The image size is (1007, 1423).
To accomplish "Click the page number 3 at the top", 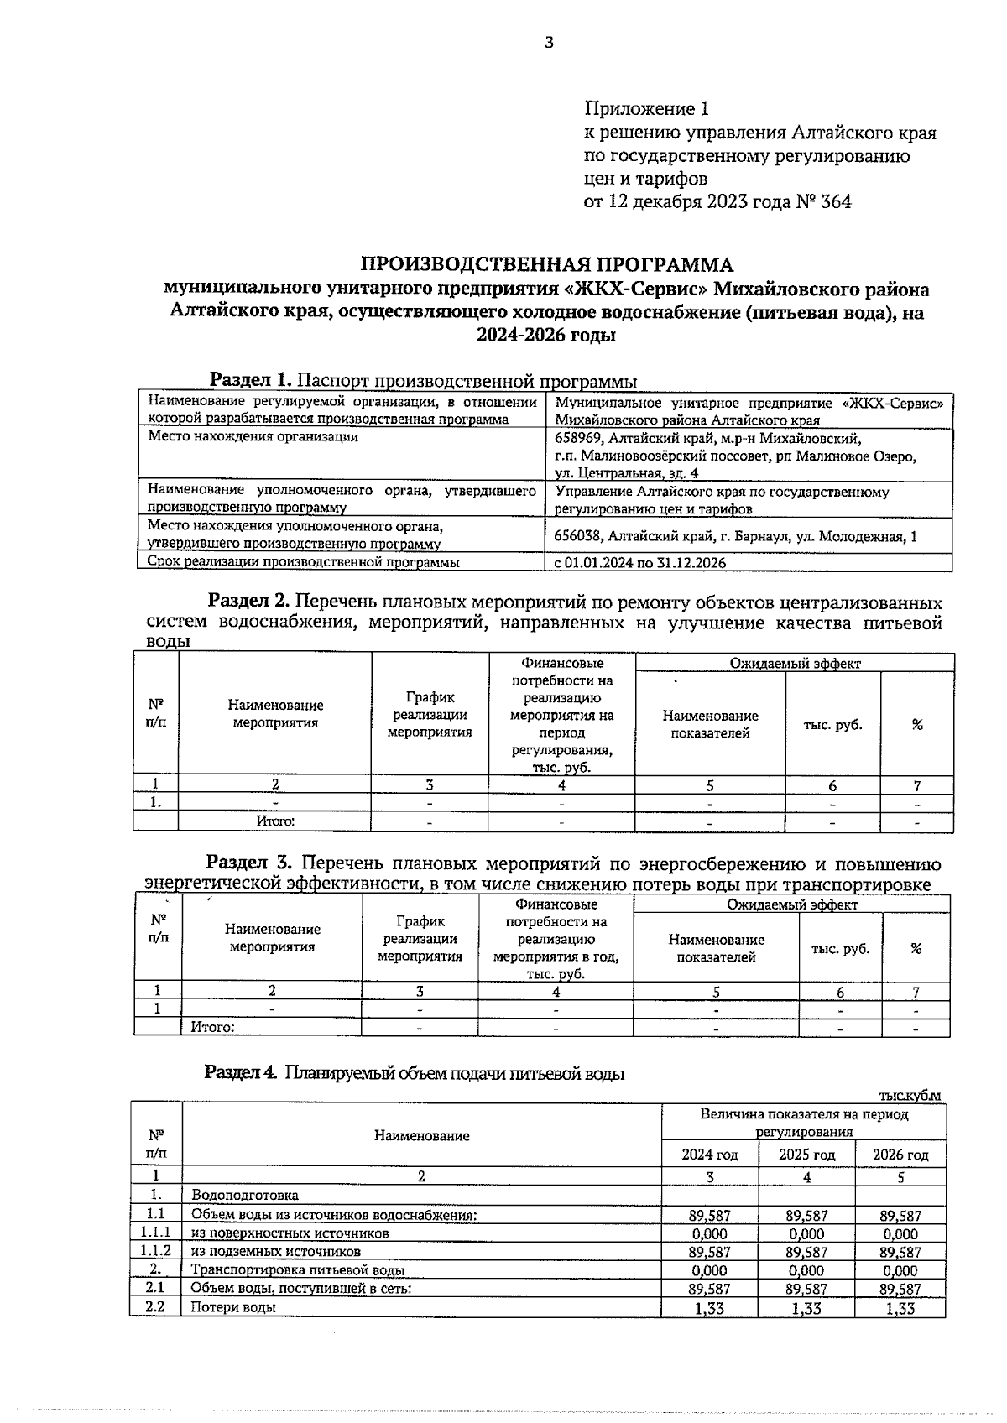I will point(549,44).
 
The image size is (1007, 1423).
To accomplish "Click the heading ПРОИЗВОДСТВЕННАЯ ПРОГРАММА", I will point(546,265).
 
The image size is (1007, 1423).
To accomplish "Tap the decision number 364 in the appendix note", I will point(836,201).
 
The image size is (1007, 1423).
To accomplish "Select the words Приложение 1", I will point(646,109).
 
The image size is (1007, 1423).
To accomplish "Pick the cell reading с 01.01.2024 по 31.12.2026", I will point(640,563).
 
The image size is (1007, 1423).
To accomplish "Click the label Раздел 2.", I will point(248,602).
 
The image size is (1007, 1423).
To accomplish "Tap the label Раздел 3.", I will point(248,863).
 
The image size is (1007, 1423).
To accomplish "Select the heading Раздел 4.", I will point(241,1072).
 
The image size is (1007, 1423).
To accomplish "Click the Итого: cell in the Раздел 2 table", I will point(275,822).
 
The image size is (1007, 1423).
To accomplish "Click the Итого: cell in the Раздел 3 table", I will point(212,1027).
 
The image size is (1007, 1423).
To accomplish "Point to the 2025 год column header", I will point(806,1155).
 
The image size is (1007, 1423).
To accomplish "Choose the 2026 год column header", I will point(900,1155).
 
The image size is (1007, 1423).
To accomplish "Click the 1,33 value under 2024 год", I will point(709,1308).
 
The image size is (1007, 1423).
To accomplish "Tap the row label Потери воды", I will point(233,1307).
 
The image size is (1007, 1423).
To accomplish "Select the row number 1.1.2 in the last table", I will point(155,1252).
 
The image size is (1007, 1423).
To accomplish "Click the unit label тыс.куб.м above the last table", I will point(910,1096).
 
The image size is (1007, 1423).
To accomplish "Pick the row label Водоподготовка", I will point(245,1195).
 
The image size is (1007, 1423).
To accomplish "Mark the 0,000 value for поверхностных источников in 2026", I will point(900,1234).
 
